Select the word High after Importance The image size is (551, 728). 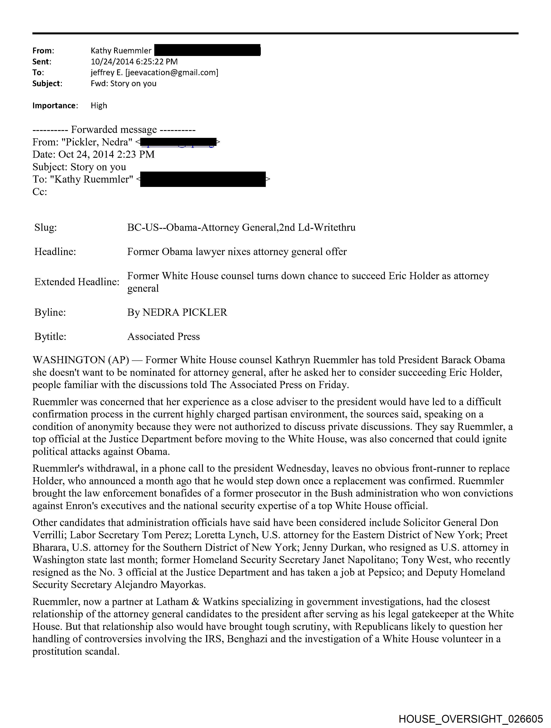pyautogui.click(x=99, y=106)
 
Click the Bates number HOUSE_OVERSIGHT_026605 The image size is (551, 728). pyautogui.click(x=470, y=719)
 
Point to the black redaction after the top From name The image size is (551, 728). pyautogui.click(x=207, y=50)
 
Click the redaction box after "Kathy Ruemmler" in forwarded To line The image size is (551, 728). pyautogui.click(x=203, y=179)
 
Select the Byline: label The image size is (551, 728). pyautogui.click(x=50, y=312)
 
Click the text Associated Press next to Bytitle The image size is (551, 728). pyautogui.click(x=164, y=337)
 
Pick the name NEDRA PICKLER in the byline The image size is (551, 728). pyautogui.click(x=185, y=312)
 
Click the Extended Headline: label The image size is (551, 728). pyautogui.click(x=77, y=282)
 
